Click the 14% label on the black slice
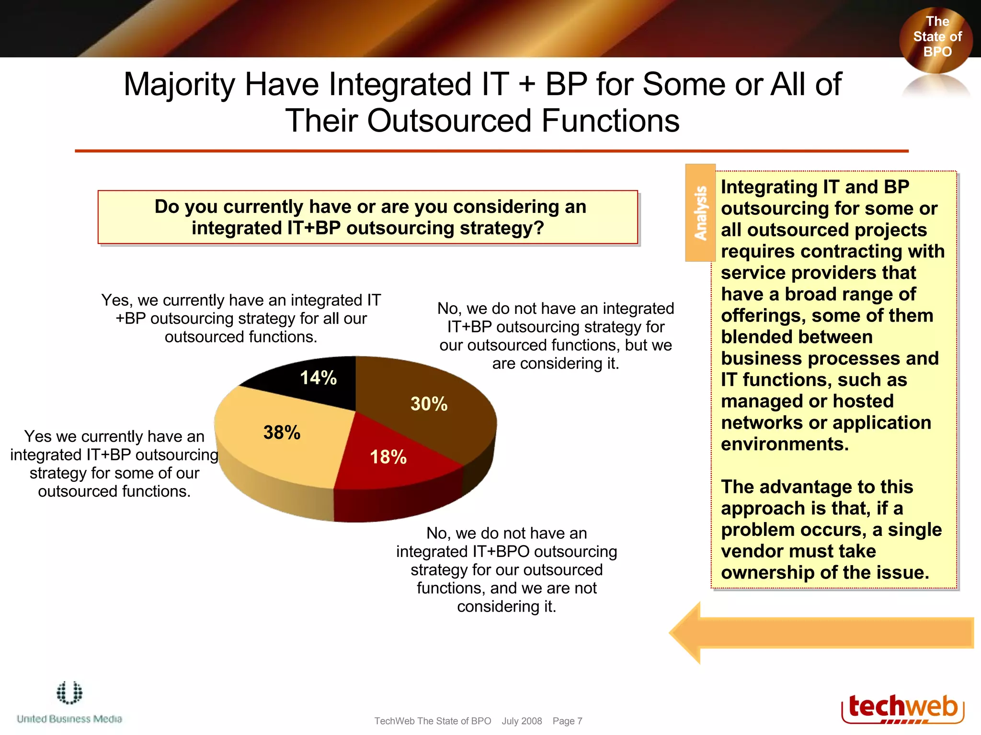coord(318,378)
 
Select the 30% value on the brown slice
coord(429,404)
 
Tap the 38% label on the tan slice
coord(282,433)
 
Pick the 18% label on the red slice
coord(388,457)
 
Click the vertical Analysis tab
coord(700,213)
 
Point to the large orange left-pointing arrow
coord(819,633)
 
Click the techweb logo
coord(902,708)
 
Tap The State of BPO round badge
coord(936,37)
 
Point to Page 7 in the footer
coord(567,721)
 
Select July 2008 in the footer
coord(522,721)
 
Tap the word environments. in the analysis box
coord(785,444)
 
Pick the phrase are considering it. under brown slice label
coord(556,364)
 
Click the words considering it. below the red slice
coord(506,607)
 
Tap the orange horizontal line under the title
coord(491,151)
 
